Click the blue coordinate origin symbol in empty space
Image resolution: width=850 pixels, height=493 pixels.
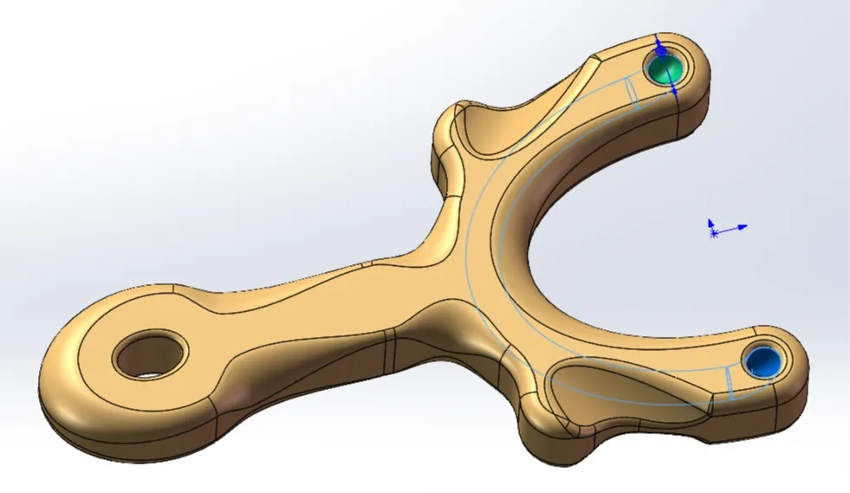(x=714, y=231)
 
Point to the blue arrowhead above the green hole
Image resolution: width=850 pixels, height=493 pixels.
(x=658, y=42)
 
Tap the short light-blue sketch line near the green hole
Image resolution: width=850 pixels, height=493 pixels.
(x=633, y=94)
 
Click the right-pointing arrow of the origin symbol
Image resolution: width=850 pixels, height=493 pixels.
(x=741, y=228)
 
